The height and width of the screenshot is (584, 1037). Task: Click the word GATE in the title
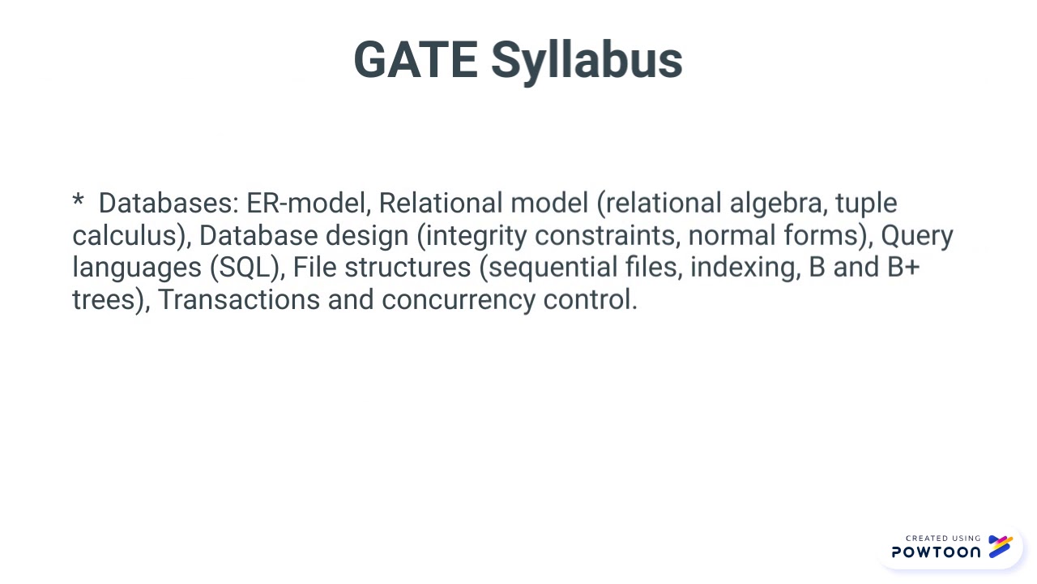(416, 60)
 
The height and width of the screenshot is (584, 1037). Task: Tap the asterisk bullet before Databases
(78, 200)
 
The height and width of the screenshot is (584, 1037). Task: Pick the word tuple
(866, 204)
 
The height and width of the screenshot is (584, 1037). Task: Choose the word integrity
(476, 236)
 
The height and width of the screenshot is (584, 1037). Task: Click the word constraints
(609, 235)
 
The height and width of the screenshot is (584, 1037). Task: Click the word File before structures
(314, 267)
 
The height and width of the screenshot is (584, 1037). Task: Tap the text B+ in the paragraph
(903, 267)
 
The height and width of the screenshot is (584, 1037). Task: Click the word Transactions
(239, 299)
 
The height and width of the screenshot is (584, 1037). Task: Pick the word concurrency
(459, 300)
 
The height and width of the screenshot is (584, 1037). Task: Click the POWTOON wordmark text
(936, 552)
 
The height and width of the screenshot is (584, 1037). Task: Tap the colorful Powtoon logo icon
(1000, 546)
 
